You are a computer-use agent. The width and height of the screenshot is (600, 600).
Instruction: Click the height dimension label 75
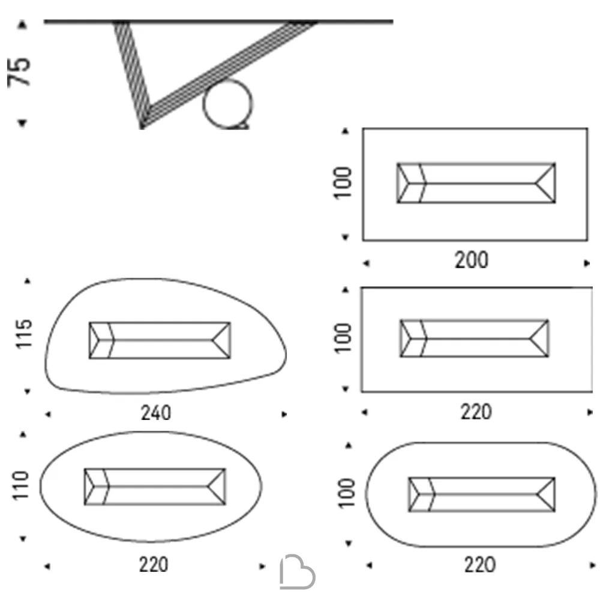point(19,73)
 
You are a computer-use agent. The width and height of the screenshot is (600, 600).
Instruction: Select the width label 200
point(472,260)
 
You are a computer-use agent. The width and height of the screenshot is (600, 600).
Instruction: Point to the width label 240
point(156,413)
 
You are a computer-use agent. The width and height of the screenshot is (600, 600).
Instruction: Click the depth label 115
point(24,333)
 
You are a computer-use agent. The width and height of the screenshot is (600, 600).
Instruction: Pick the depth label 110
point(20,485)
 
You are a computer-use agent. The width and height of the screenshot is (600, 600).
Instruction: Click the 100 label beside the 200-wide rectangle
point(343,183)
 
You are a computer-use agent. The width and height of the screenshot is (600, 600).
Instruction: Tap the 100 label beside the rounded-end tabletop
point(346,493)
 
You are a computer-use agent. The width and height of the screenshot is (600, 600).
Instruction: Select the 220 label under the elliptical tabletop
point(154,565)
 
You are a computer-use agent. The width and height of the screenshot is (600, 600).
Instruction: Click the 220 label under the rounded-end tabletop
point(480,565)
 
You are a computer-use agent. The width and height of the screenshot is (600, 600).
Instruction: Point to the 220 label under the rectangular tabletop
point(476,412)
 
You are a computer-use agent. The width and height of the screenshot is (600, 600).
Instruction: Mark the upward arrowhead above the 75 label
point(22,25)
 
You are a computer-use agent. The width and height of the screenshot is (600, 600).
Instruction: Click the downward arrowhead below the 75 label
point(22,122)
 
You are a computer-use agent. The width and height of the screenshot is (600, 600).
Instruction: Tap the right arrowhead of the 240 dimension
point(284,414)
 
